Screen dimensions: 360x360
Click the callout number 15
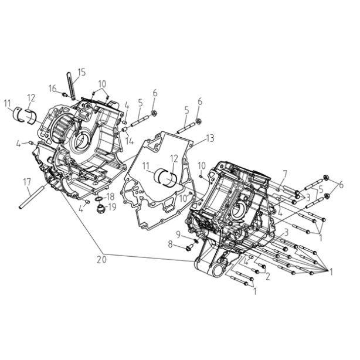(81, 72)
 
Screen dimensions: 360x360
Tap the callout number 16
(52, 89)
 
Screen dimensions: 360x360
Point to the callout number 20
(101, 259)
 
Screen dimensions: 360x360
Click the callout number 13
(210, 138)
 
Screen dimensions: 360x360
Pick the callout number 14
(129, 141)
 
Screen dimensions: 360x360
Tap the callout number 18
(110, 197)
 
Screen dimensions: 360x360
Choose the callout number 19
(112, 207)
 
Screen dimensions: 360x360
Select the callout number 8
(170, 244)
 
